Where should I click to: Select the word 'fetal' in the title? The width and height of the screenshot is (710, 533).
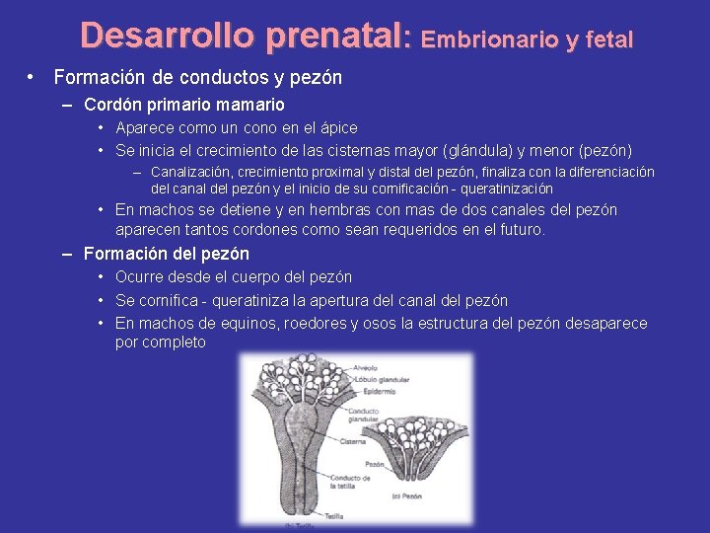point(608,39)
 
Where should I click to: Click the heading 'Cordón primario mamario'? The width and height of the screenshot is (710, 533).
point(184,104)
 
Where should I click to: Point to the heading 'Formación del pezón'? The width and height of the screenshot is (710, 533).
point(167,254)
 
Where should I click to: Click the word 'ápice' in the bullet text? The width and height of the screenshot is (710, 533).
point(336,127)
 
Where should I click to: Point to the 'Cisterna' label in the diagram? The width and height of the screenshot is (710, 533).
point(353,442)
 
